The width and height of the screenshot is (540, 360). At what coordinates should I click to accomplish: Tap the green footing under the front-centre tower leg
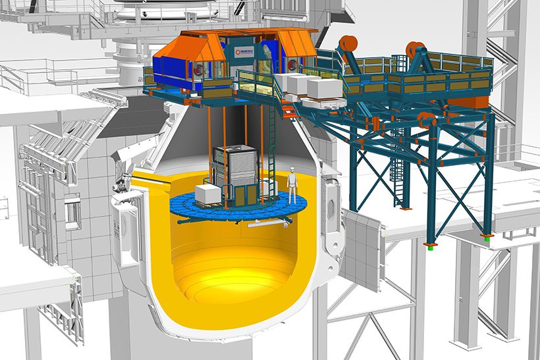429,246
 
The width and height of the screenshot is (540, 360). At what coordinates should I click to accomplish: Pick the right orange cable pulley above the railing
415,50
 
